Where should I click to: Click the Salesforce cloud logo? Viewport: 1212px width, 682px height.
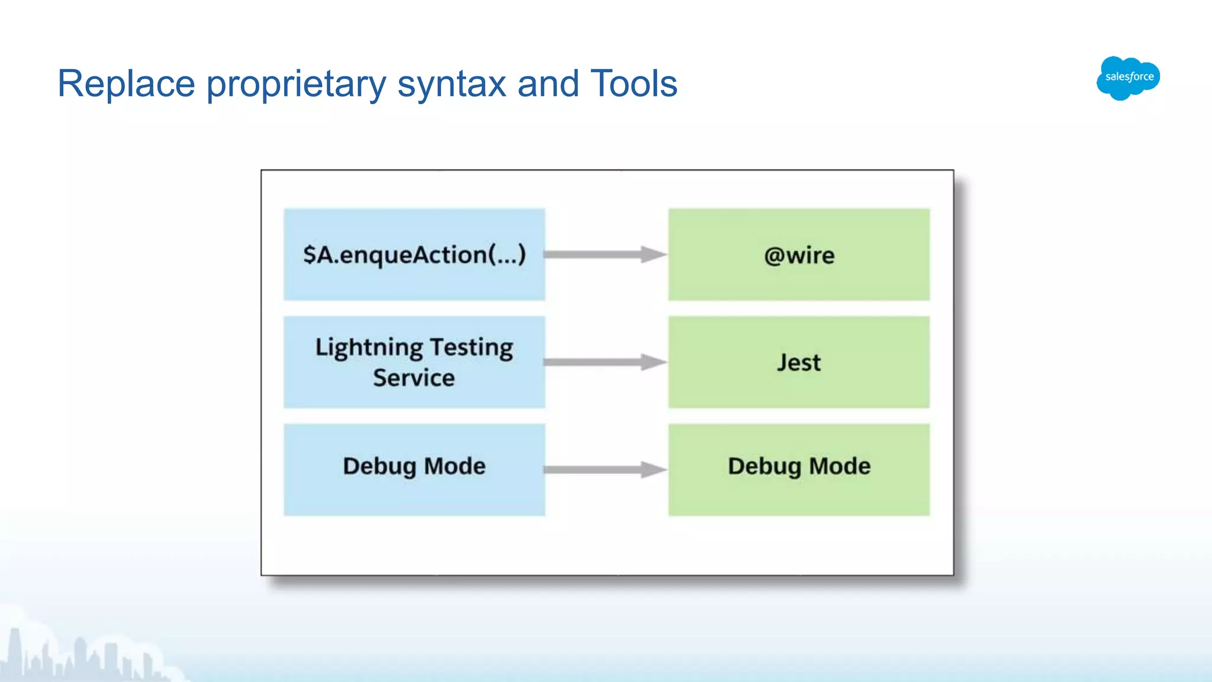coord(1128,78)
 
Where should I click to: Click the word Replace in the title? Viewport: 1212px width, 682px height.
coord(126,83)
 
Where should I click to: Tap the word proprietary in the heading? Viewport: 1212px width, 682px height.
coord(296,85)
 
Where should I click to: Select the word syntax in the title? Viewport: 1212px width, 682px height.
coord(452,85)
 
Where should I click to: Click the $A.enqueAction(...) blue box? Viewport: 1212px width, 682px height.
coord(414,255)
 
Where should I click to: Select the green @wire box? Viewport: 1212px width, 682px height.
coord(799,255)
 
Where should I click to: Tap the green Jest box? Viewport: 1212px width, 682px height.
coord(799,362)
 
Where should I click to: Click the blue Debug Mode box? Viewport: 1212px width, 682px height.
coord(414,470)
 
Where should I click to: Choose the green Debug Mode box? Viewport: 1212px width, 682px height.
coord(799,470)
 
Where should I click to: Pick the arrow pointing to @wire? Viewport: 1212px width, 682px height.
coord(605,255)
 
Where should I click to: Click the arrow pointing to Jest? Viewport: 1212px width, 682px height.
coord(605,362)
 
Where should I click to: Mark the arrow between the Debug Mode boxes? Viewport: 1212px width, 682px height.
coord(605,470)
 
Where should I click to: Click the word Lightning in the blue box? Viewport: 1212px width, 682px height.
coord(369,348)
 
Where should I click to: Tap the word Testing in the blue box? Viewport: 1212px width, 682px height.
coord(472,348)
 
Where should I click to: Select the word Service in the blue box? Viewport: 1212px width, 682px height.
coord(414,378)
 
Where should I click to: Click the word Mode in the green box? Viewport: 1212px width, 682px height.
coord(840,466)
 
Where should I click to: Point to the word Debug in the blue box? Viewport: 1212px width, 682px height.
coord(379,467)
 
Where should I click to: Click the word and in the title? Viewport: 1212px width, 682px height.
coord(548,83)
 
